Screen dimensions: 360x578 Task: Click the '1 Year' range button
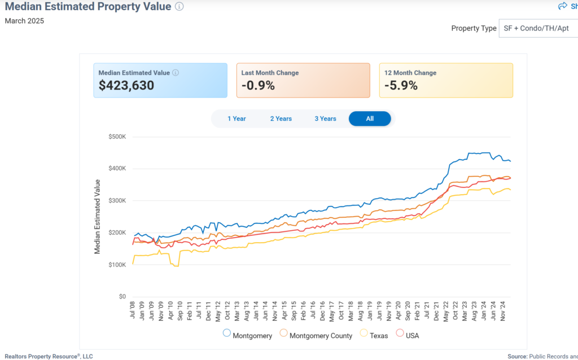(237, 118)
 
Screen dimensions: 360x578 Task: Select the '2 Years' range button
(281, 118)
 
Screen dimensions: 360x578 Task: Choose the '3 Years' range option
(325, 118)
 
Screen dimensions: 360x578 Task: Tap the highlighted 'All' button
(370, 118)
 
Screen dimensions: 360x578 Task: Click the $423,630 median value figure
(126, 86)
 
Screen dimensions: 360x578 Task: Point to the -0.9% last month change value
(258, 86)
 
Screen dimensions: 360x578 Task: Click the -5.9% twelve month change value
(401, 86)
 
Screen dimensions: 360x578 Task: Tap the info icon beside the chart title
(179, 7)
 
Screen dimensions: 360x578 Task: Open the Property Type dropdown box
(538, 28)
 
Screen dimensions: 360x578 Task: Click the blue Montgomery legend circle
(227, 333)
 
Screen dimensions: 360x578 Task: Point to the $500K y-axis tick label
(117, 137)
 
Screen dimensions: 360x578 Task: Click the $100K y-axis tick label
(117, 265)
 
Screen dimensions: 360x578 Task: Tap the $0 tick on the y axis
(122, 297)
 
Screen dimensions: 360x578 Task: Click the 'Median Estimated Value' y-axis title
(97, 216)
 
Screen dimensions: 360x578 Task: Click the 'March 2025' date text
(24, 21)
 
